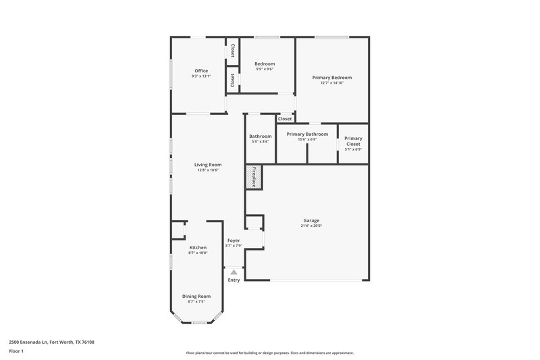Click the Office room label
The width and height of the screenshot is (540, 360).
point(201,70)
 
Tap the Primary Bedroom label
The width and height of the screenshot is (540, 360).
point(332,77)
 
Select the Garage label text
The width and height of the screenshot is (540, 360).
point(311,220)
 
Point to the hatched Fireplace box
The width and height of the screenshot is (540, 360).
point(254,176)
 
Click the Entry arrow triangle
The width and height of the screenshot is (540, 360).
point(234,272)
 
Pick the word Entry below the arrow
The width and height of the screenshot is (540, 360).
point(234,280)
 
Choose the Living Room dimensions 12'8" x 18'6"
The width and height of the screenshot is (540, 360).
point(208,170)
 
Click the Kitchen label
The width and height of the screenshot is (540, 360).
point(198,247)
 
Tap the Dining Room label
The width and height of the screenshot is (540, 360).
point(196,296)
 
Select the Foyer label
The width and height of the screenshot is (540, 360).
point(234,240)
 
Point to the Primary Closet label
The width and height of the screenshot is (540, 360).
point(353,141)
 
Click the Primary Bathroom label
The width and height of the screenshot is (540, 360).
point(307,134)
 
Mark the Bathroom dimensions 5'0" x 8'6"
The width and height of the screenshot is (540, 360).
point(261,142)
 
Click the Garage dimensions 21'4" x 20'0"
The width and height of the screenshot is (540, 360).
point(311,226)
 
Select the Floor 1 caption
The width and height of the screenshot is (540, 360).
point(16,352)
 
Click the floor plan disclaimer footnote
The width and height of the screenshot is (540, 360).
point(270,353)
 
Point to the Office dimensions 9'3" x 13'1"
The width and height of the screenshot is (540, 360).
point(201,76)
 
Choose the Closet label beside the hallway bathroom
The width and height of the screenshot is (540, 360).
point(285,119)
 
